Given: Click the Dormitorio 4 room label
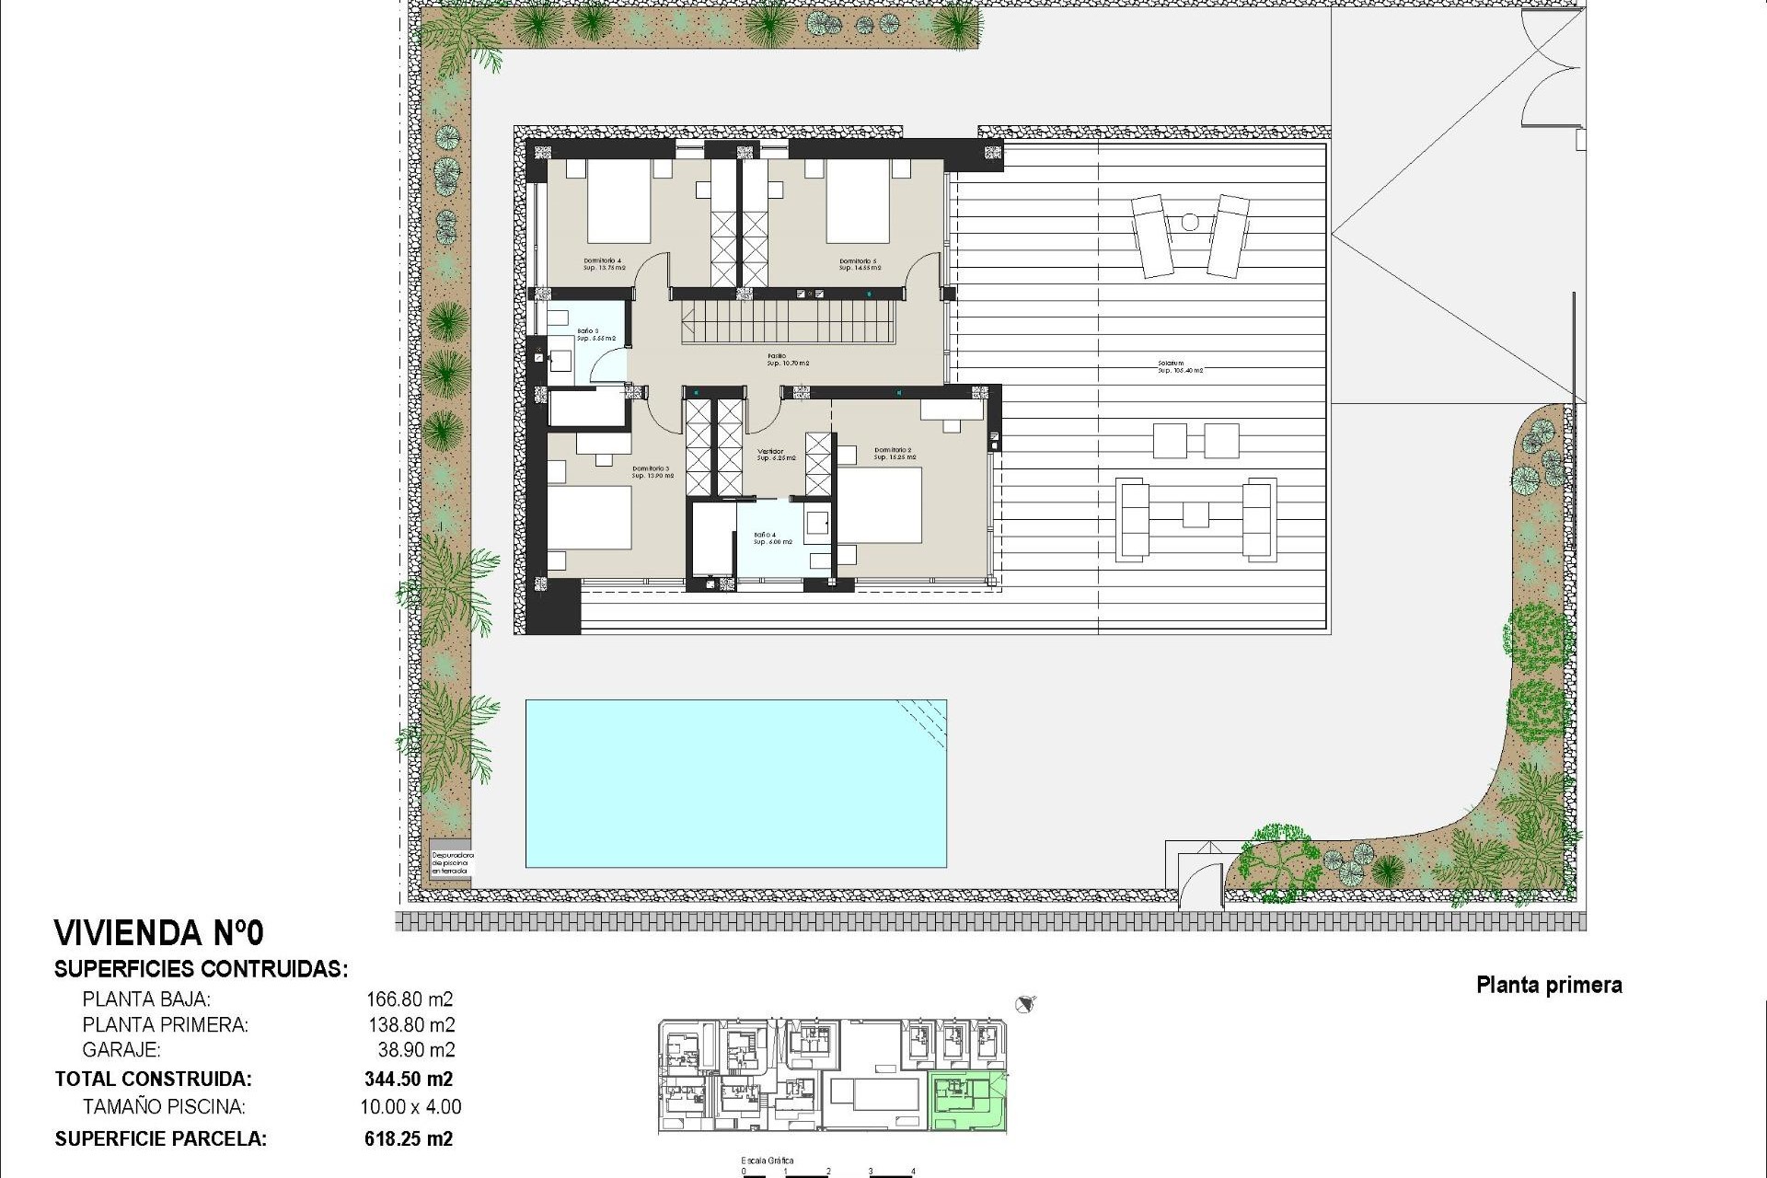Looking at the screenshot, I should coord(603,264).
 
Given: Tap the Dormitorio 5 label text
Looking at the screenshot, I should coord(860,264).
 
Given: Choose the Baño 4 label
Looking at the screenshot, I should coord(771,538).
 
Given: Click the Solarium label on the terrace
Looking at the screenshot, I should coord(1180,366).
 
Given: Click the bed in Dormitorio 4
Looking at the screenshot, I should coord(618,207).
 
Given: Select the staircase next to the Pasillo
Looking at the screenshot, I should coord(788,326).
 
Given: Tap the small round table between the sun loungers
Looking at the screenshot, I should coord(1190,222).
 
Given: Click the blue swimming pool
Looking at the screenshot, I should coord(735,783).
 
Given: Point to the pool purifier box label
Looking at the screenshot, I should coord(451,861).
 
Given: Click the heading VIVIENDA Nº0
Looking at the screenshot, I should coord(159,933).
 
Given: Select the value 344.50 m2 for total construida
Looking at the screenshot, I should coord(409,1080).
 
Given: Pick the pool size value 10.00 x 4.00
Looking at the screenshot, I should coord(410,1107).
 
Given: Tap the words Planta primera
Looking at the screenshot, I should coord(1549,986).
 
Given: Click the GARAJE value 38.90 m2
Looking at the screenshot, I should coord(416,1050).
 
